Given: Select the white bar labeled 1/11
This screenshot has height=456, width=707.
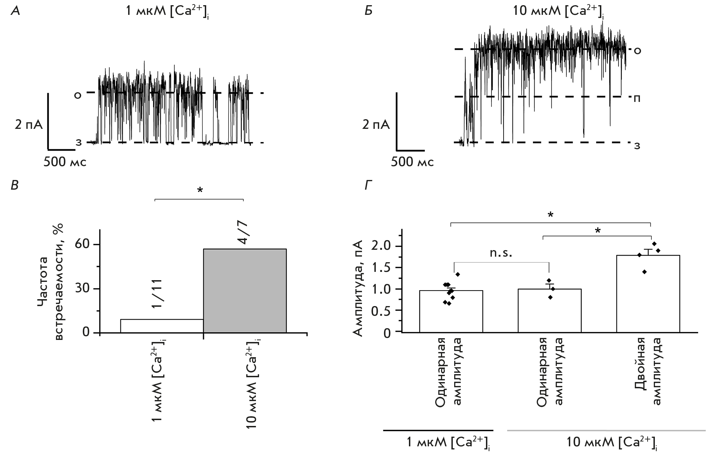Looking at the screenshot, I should (161, 326).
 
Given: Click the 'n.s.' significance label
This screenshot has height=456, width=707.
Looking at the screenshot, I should (501, 253).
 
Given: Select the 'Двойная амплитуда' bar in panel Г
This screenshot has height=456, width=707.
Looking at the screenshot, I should (648, 294).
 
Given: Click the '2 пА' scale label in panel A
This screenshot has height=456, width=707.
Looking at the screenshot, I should (29, 125).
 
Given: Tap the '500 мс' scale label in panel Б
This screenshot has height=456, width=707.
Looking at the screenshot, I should (412, 162).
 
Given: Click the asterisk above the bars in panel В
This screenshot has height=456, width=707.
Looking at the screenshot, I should (200, 190).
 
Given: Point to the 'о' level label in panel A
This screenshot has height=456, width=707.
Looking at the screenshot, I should (78, 95).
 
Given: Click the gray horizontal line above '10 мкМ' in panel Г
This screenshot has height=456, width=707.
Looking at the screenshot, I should (606, 430).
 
